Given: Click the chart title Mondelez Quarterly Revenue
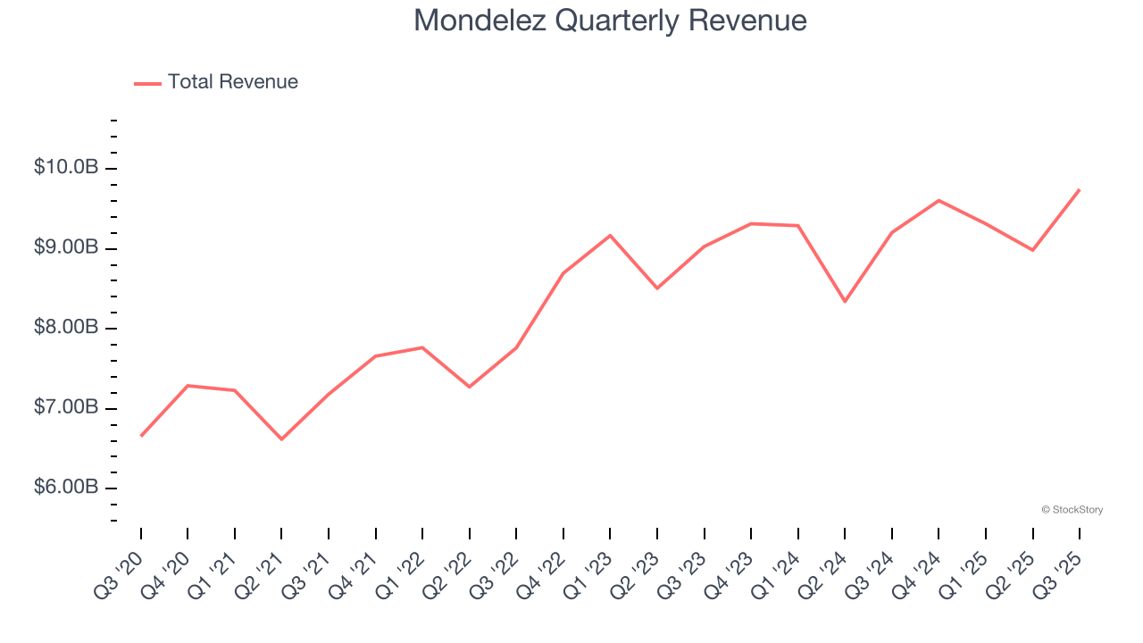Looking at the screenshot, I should pyautogui.click(x=610, y=21).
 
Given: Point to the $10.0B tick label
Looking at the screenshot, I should pyautogui.click(x=66, y=167).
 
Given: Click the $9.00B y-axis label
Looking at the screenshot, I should pyautogui.click(x=66, y=247).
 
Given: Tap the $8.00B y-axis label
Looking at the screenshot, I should pyautogui.click(x=66, y=328).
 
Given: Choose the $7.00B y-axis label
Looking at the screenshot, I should pyautogui.click(x=66, y=408).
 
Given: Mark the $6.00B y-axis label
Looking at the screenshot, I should pyautogui.click(x=66, y=488).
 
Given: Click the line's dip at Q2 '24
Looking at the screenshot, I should pyautogui.click(x=845, y=302).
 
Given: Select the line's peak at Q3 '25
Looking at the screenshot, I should pyautogui.click(x=1080, y=189).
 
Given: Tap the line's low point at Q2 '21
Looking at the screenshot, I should pyautogui.click(x=281, y=439).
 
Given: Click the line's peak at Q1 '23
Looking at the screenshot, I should pyautogui.click(x=610, y=235).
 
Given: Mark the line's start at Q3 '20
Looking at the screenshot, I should pyautogui.click(x=141, y=436).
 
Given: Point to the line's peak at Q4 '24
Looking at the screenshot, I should pyautogui.click(x=939, y=200).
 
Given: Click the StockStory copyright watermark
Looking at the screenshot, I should pyautogui.click(x=1072, y=510).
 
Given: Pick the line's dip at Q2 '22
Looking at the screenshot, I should pyautogui.click(x=469, y=387).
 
